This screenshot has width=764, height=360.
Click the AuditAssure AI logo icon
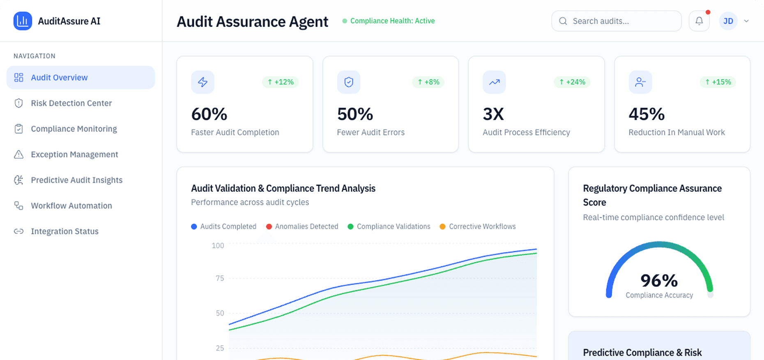pyautogui.click(x=23, y=21)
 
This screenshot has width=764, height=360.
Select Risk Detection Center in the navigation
pyautogui.click(x=71, y=103)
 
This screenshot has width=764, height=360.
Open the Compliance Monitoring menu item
pyautogui.click(x=74, y=129)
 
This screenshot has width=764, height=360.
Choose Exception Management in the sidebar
pyautogui.click(x=74, y=155)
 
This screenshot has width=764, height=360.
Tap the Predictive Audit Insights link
pyautogui.click(x=76, y=180)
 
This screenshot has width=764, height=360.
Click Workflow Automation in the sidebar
pyautogui.click(x=71, y=205)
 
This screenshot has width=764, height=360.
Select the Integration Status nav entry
pyautogui.click(x=64, y=231)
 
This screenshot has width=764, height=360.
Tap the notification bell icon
pyautogui.click(x=699, y=21)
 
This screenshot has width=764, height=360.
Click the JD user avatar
pyautogui.click(x=728, y=21)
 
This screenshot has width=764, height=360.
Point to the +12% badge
pyautogui.click(x=281, y=82)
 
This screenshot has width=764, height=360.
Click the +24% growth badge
pyautogui.click(x=572, y=82)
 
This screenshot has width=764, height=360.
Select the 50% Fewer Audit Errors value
pyautogui.click(x=355, y=114)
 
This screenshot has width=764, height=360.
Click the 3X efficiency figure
pyautogui.click(x=493, y=114)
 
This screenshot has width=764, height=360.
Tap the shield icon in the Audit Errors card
pyautogui.click(x=349, y=82)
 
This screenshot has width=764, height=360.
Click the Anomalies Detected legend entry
pyautogui.click(x=302, y=226)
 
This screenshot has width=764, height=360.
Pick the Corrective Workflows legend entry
pyautogui.click(x=478, y=226)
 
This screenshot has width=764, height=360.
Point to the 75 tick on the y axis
pyautogui.click(x=220, y=278)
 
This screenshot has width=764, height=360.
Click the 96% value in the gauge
pyautogui.click(x=659, y=281)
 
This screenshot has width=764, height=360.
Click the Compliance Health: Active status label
pyautogui.click(x=392, y=21)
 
